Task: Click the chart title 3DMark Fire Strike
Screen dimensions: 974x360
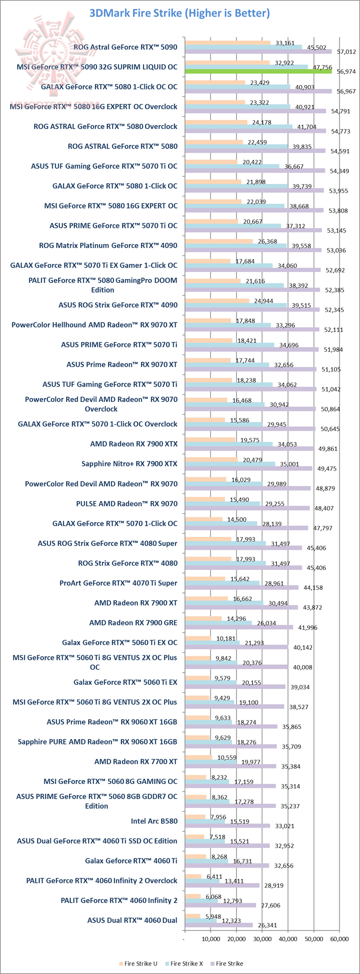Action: pos(179,13)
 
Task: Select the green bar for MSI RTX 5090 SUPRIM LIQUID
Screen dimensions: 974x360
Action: pos(258,71)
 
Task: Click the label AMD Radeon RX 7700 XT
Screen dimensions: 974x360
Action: pos(135,761)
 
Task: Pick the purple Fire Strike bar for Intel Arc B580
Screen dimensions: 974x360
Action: pos(227,826)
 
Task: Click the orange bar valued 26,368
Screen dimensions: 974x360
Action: pos(219,241)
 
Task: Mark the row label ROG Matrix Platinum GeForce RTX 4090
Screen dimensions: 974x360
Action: pos(108,245)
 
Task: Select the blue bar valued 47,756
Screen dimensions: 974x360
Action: pos(246,66)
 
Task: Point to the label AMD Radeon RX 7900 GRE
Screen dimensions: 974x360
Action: pos(133,622)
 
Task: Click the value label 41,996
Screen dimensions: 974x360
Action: pos(307,627)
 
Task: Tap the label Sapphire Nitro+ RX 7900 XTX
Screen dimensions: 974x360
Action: pos(129,463)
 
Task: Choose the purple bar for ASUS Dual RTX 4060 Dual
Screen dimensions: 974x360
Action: pos(218,925)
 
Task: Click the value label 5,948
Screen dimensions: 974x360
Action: pos(211,916)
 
